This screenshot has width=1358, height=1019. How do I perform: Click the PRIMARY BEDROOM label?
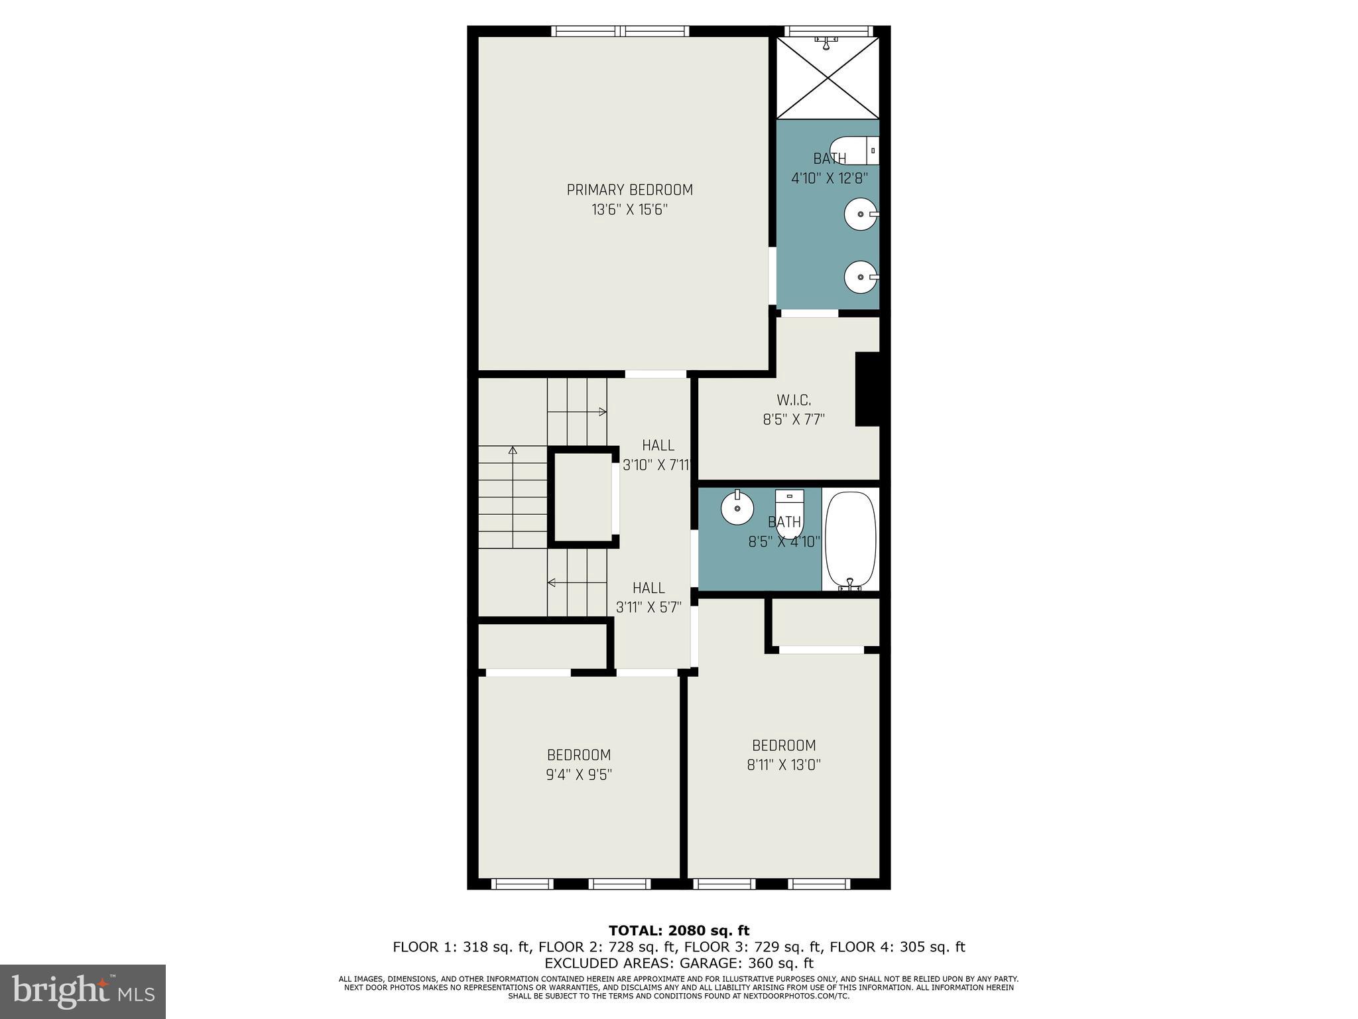point(629,190)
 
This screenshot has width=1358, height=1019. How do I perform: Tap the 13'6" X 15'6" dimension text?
point(629,210)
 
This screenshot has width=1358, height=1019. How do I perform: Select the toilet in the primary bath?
point(854,151)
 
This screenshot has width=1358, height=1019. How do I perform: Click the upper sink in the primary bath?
point(861,214)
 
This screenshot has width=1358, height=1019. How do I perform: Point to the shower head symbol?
point(826,42)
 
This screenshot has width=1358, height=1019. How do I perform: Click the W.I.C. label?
point(793,400)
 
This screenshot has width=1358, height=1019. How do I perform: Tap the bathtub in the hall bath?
point(850,540)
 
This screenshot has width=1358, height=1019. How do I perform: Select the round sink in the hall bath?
point(737,509)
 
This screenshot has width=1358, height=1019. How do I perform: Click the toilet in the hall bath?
point(790,511)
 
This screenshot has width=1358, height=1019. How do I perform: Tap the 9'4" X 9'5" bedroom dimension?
point(578,774)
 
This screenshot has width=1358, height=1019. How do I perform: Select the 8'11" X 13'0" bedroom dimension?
point(784,765)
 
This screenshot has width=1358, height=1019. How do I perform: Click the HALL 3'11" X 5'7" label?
point(648,597)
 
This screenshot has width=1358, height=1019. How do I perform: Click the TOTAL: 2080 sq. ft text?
point(678,931)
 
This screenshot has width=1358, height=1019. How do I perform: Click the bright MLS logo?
point(83,991)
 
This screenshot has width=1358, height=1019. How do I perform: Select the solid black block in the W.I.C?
point(867,389)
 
